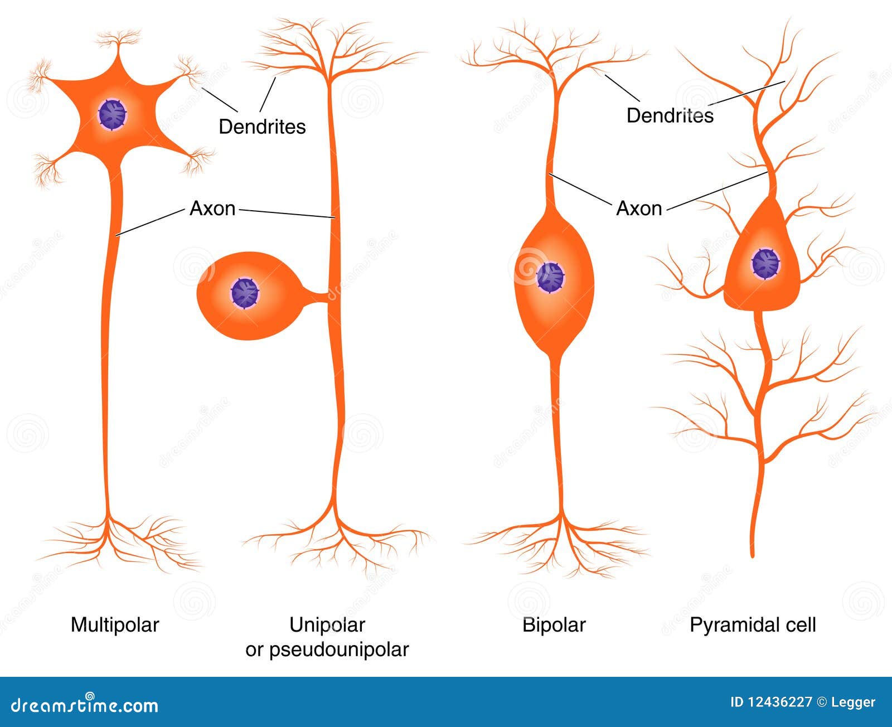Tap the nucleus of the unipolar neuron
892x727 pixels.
245,293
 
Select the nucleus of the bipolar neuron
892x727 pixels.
550,277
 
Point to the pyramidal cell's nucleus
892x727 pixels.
765,263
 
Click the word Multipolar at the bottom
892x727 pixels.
115,625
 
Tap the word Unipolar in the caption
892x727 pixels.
327,625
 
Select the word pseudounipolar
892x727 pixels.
340,650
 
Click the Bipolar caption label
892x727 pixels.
554,625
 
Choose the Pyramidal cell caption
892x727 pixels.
753,625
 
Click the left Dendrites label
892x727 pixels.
262,127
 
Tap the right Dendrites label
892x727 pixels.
670,115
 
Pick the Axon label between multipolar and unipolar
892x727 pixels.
212,209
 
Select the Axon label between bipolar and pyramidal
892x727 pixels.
639,209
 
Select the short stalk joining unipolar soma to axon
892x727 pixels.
316,295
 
